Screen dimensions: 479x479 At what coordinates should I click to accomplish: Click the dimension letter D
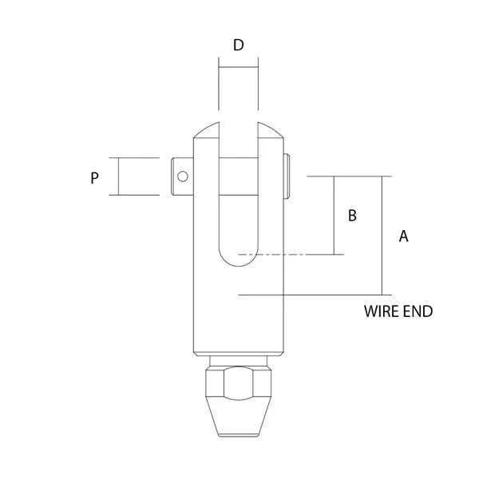[238, 45]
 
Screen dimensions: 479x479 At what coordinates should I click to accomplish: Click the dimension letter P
[94, 178]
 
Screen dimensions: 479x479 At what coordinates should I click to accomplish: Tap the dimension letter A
[403, 236]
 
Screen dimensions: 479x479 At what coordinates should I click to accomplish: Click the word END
[418, 311]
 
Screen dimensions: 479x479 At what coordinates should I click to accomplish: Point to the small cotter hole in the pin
[183, 176]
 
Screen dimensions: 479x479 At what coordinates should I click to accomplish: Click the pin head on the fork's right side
[287, 176]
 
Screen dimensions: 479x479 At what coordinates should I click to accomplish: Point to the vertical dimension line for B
[333, 216]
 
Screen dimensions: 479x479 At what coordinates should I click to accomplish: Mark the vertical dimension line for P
[117, 176]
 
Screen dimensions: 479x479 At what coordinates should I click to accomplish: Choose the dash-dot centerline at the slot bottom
[287, 255]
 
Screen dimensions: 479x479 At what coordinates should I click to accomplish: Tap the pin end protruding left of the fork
[182, 176]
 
